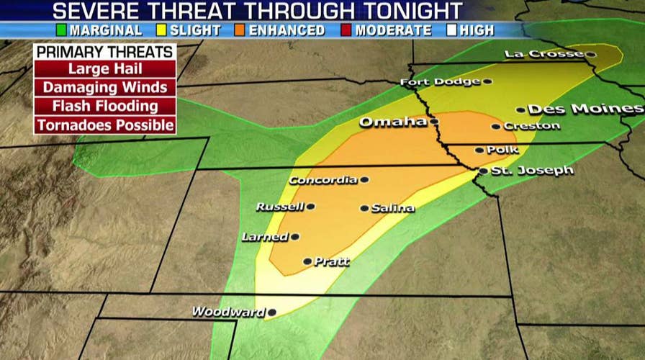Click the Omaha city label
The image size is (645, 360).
coord(392,122)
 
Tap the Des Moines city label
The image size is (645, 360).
coord(585,109)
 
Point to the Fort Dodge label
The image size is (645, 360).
coord(440,82)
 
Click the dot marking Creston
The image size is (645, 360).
coord(496,127)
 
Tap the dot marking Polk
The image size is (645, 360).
coord(480,150)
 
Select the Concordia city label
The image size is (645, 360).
coord(323,180)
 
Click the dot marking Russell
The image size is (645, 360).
coord(310,207)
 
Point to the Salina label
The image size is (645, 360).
coord(393,208)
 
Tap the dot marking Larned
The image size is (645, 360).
coord(295,236)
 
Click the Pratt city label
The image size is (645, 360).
coord(331,262)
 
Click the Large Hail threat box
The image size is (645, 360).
coord(105,69)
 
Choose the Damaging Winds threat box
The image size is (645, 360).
coord(105,88)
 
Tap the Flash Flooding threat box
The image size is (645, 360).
coord(105,107)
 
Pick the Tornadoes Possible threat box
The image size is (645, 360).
coord(105,125)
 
